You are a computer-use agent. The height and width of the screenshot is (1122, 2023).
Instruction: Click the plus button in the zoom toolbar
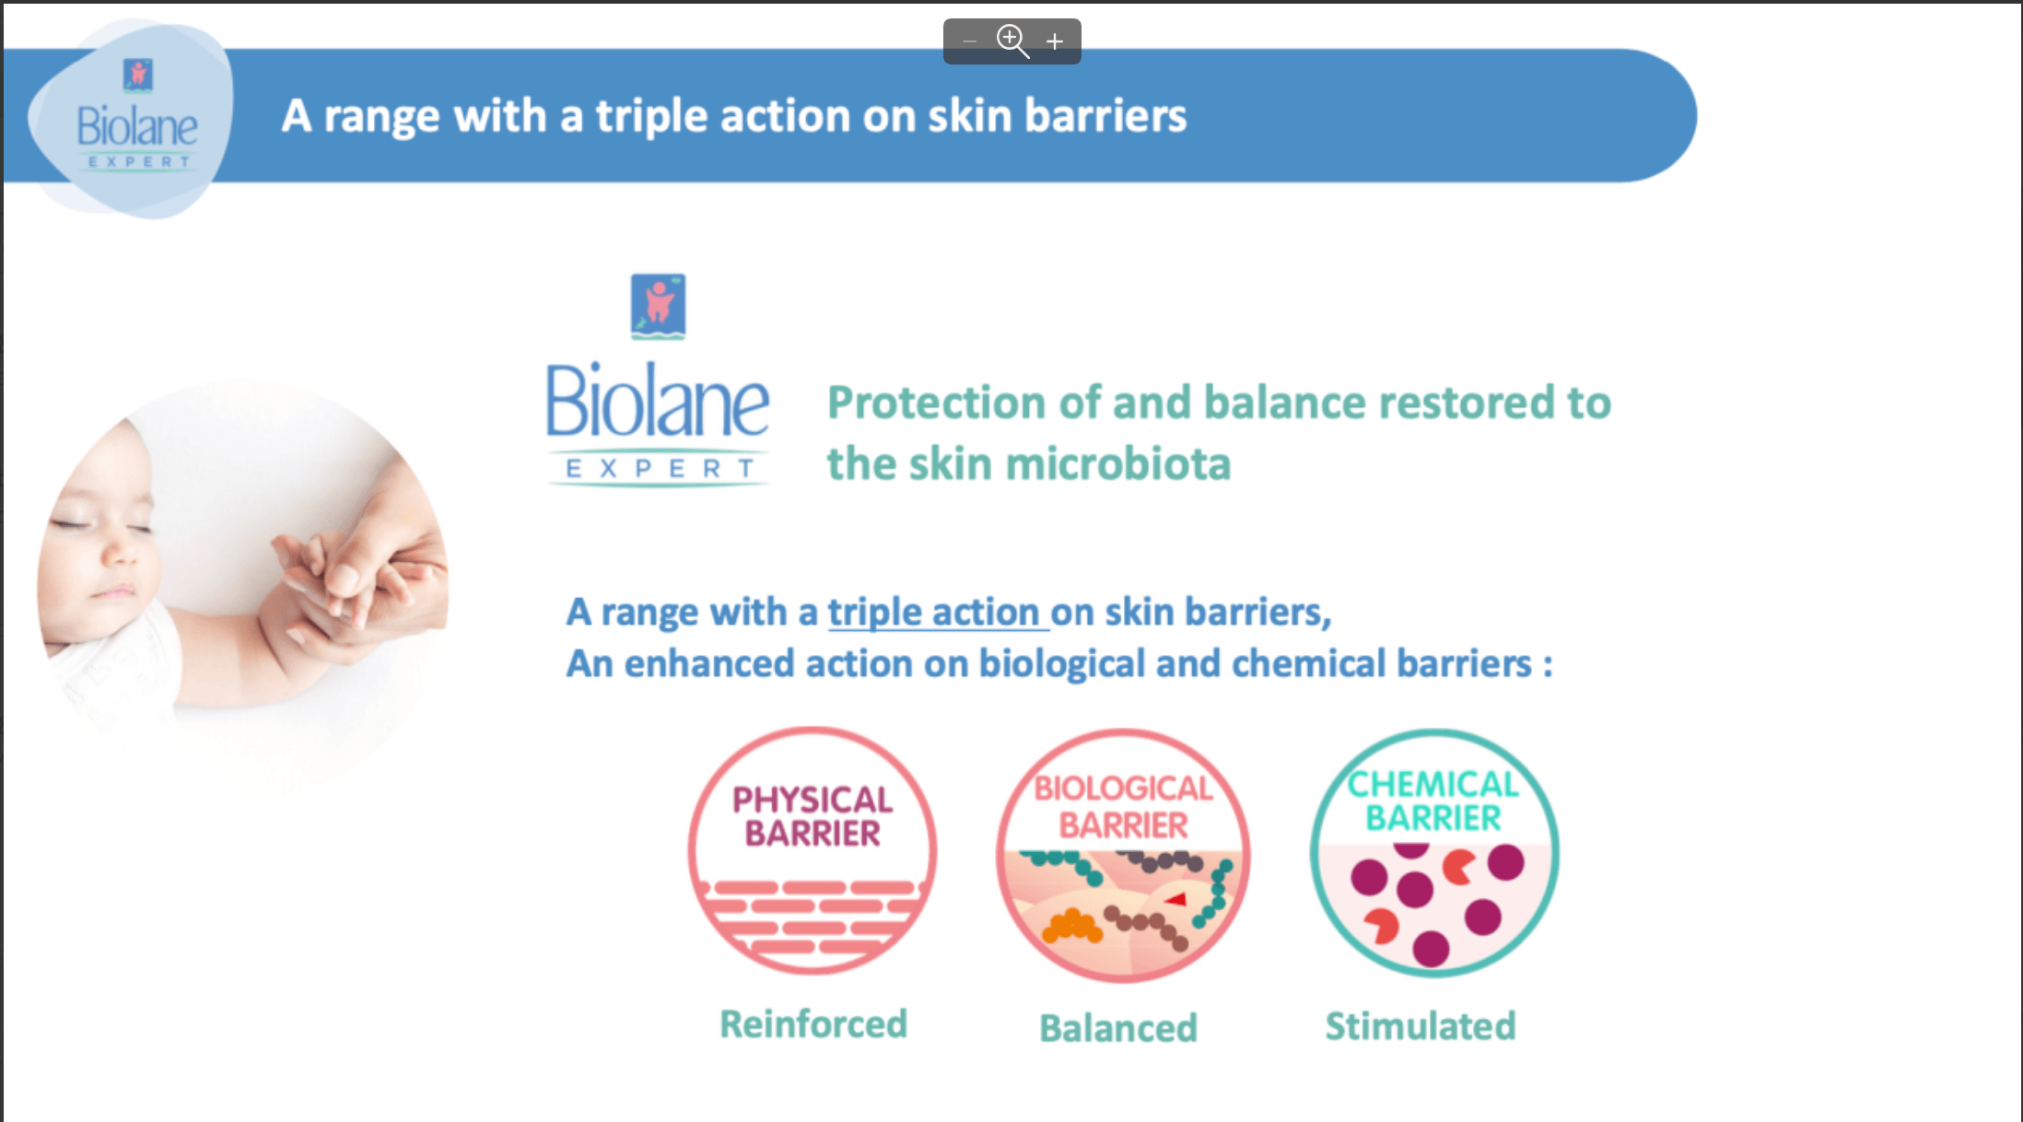pos(1055,41)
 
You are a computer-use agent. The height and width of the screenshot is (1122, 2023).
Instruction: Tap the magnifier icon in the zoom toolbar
pos(1011,41)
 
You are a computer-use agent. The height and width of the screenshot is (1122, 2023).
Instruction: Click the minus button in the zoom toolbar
pos(969,41)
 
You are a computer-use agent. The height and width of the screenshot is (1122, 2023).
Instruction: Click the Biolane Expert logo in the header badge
pos(136,120)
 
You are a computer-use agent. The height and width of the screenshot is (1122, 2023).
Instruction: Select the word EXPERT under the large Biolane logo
pos(660,469)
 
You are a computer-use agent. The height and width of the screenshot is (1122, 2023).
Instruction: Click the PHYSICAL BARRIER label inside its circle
pos(813,816)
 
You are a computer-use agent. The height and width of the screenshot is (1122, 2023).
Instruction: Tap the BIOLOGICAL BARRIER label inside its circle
pos(1123,807)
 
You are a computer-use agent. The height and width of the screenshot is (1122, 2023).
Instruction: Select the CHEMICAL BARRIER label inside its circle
pos(1433,801)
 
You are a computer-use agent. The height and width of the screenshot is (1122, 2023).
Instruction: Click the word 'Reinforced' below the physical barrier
pos(813,1024)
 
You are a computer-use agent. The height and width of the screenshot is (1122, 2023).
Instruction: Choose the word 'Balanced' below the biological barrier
pos(1118,1028)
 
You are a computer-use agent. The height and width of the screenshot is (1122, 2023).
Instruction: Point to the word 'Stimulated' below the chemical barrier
pos(1421,1026)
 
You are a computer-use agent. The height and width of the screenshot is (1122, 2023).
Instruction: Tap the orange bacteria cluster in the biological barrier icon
pos(1071,926)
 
